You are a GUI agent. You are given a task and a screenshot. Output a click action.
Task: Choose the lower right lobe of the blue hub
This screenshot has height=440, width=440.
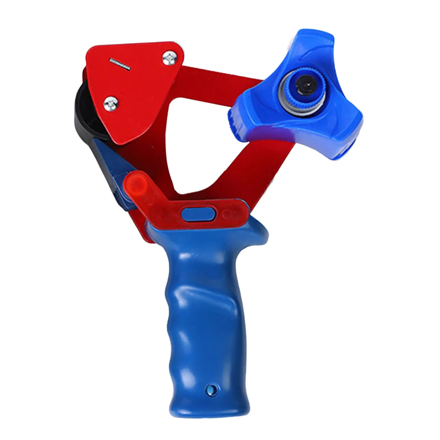click(344, 137)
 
